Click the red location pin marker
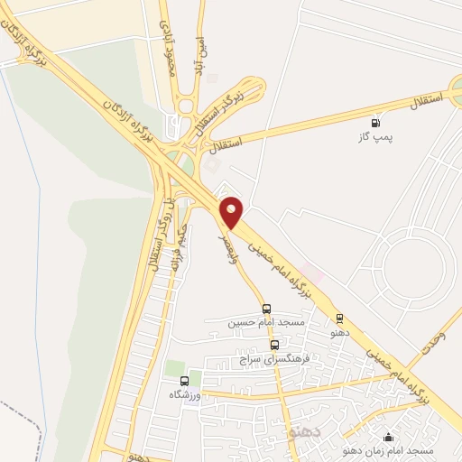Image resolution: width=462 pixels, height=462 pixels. tap(233, 211)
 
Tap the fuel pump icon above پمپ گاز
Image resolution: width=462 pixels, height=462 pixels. tap(374, 123)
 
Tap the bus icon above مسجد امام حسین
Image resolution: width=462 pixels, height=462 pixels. tap(265, 308)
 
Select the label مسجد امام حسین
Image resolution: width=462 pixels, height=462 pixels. tap(266, 322)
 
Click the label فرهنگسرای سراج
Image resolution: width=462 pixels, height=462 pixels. tap(274, 358)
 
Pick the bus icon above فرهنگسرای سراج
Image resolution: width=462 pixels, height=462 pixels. tap(274, 344)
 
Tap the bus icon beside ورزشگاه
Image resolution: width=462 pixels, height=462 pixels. tap(185, 381)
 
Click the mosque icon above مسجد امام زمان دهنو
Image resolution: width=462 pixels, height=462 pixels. tap(389, 436)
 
